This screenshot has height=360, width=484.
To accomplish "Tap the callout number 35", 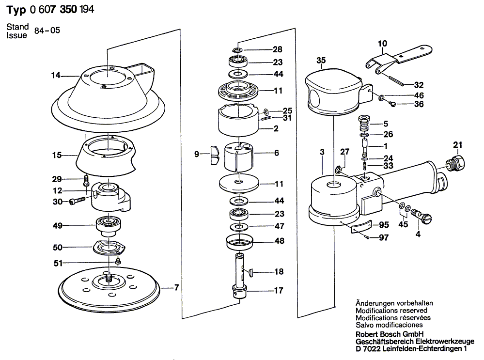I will point(321,61).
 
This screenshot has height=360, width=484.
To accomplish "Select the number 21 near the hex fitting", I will point(458,144).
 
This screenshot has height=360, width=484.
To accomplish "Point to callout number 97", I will point(384,238).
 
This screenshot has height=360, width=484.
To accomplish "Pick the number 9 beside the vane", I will point(197,155).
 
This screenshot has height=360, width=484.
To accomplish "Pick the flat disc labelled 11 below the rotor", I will point(237,183).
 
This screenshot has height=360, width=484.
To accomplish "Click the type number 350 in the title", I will point(70,9).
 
